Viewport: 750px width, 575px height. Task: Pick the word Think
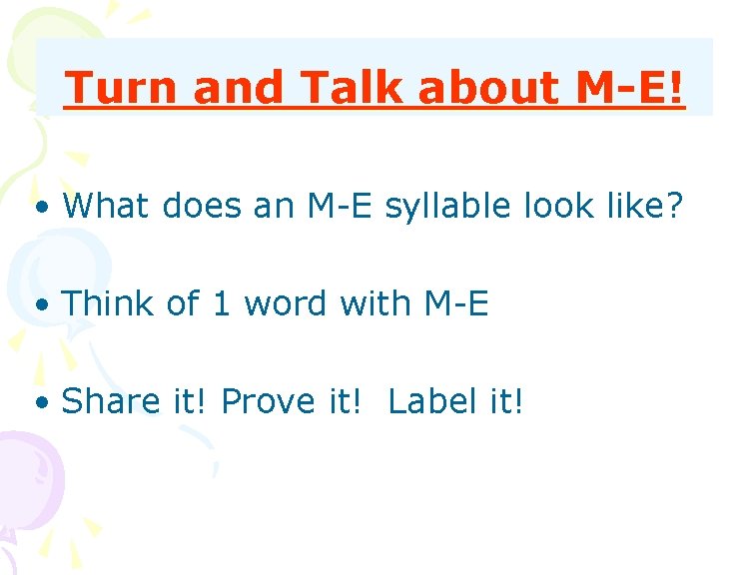tap(109, 303)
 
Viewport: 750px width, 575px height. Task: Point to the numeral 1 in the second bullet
tap(220, 303)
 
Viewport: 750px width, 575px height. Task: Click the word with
tap(369, 303)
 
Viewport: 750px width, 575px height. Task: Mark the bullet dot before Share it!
tap(41, 403)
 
